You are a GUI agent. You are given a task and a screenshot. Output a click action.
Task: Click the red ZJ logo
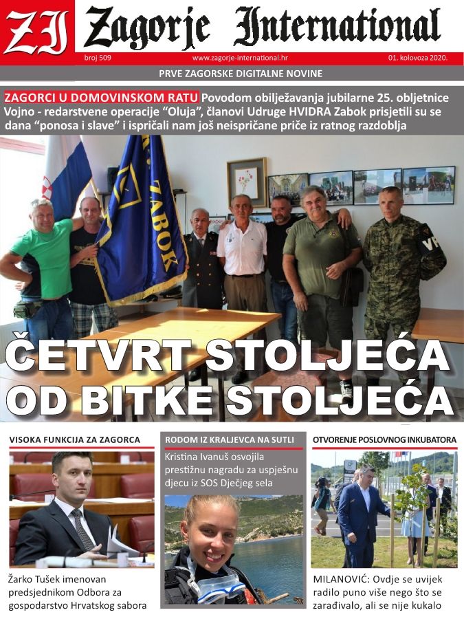[x=36, y=28]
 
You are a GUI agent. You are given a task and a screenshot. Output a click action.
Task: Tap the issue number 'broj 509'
[x=97, y=58]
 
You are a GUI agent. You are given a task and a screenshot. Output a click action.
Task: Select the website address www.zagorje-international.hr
[x=240, y=58]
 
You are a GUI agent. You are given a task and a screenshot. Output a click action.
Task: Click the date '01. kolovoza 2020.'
[x=417, y=58]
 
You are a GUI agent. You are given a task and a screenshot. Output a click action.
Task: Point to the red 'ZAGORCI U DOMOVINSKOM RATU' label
[x=102, y=97]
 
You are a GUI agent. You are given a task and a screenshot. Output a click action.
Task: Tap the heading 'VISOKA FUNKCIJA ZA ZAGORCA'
[x=74, y=439]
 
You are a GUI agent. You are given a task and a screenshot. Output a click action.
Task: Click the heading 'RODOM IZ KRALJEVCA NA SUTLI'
[x=230, y=439]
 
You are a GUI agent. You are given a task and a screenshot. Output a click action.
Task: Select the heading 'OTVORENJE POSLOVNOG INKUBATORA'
[x=384, y=439]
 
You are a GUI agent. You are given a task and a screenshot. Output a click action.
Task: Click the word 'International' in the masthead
[x=337, y=27]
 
